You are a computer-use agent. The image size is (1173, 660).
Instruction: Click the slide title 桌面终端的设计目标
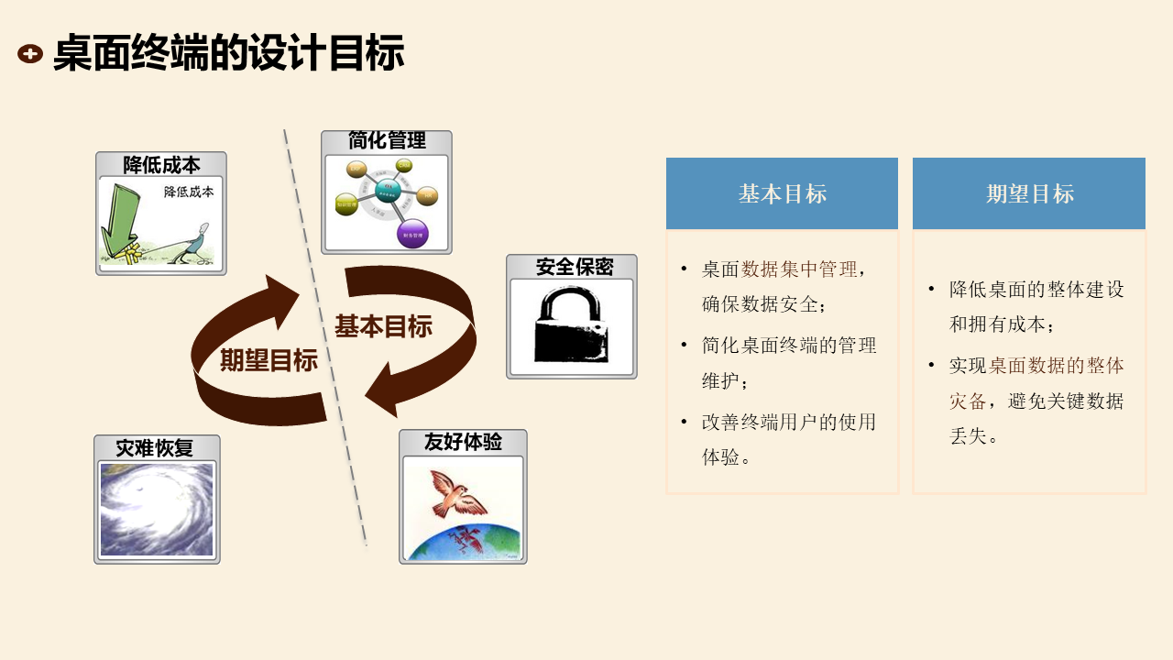pyautogui.click(x=228, y=54)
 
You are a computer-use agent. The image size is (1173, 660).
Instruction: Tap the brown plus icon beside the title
pyautogui.click(x=30, y=54)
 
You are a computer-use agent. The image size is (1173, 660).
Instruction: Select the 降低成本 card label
pyautogui.click(x=161, y=165)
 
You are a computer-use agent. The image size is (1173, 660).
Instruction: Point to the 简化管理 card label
pyautogui.click(x=387, y=141)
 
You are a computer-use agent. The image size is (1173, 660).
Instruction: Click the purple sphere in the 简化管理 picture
pyautogui.click(x=412, y=233)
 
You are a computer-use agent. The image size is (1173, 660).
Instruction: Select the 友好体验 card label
pyautogui.click(x=463, y=442)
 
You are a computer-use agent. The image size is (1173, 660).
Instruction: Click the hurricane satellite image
pyautogui.click(x=156, y=510)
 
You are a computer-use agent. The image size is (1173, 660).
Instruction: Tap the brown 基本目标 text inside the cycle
pyautogui.click(x=383, y=326)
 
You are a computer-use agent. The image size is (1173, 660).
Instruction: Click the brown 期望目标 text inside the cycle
pyautogui.click(x=269, y=360)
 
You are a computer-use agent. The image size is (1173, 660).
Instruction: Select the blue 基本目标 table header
pyautogui.click(x=782, y=193)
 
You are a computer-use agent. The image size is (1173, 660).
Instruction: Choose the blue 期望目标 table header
pyautogui.click(x=1029, y=193)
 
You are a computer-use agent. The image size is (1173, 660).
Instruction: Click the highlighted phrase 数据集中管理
pyautogui.click(x=799, y=269)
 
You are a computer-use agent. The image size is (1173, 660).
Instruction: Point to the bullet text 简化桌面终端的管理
pyautogui.click(x=789, y=346)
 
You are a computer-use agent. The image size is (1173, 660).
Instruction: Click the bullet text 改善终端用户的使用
pyautogui.click(x=789, y=422)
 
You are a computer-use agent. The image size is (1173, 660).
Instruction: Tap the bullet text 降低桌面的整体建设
pyautogui.click(x=1036, y=290)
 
